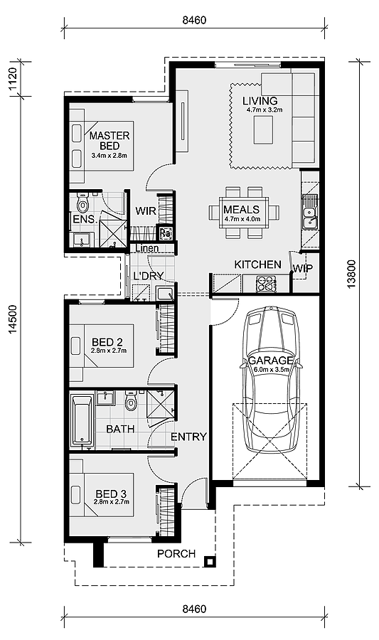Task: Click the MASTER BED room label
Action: click(110, 140)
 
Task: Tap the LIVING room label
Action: click(260, 100)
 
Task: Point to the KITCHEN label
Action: click(257, 265)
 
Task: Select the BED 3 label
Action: click(108, 493)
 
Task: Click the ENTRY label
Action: click(188, 437)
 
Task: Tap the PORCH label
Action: click(176, 553)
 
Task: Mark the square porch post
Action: click(209, 561)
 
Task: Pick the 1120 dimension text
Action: click(12, 77)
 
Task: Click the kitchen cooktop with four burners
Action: click(266, 284)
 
